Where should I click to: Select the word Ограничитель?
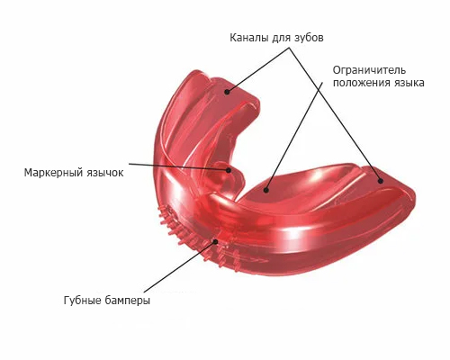(x=369, y=70)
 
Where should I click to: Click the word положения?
(x=358, y=83)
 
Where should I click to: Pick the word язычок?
(x=105, y=173)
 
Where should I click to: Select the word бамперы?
(x=128, y=300)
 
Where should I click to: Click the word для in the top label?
(x=282, y=39)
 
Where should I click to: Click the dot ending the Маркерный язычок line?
(x=229, y=170)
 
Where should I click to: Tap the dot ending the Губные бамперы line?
(x=215, y=241)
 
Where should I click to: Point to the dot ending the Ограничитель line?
(x=265, y=190)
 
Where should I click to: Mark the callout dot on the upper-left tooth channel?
(x=227, y=92)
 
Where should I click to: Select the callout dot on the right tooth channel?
(x=381, y=181)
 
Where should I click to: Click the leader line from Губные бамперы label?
(x=179, y=266)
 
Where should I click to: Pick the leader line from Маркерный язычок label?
(x=179, y=166)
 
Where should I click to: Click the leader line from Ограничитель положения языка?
(x=294, y=136)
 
